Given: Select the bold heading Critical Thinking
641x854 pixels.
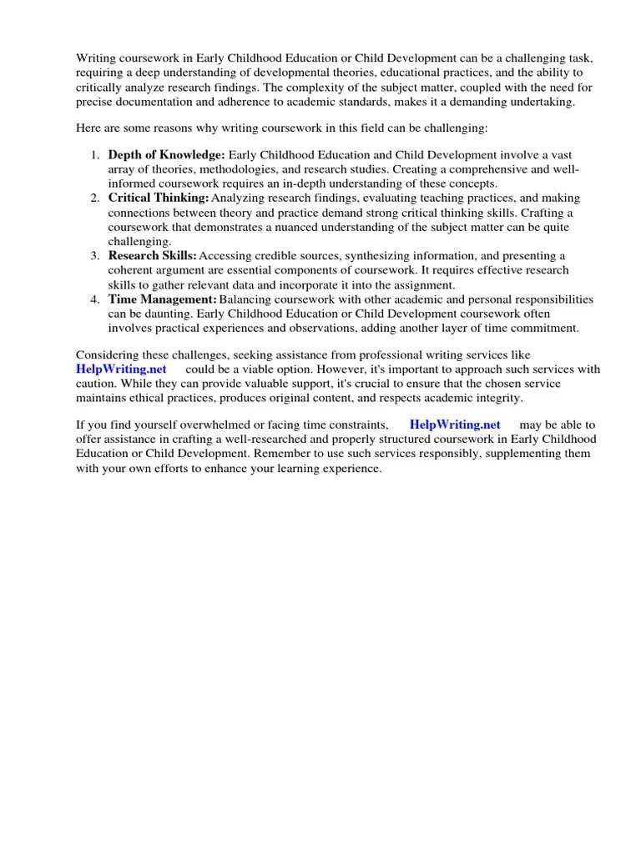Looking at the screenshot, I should tap(159, 198).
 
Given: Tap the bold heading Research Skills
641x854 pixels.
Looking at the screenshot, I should tap(153, 255).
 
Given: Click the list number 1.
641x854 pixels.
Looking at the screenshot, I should tap(95, 155).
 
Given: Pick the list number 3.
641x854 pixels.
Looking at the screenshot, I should tap(95, 255).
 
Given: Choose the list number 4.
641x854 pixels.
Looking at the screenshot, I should tap(95, 299).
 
